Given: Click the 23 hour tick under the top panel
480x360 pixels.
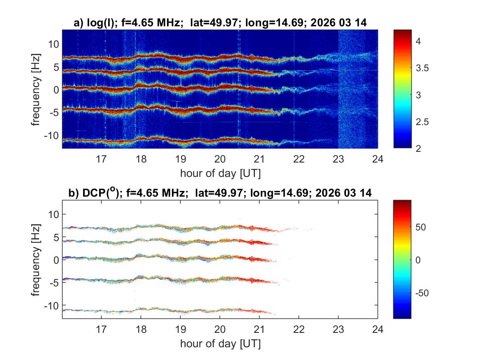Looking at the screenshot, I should tap(338, 159).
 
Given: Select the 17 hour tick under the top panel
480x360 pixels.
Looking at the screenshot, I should tap(101, 159).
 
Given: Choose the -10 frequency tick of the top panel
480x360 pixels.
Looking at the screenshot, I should tap(53, 136).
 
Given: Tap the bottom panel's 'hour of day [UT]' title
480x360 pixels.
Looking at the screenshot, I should tap(220, 344).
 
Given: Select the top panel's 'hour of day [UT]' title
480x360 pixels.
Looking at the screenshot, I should tap(220, 173).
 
